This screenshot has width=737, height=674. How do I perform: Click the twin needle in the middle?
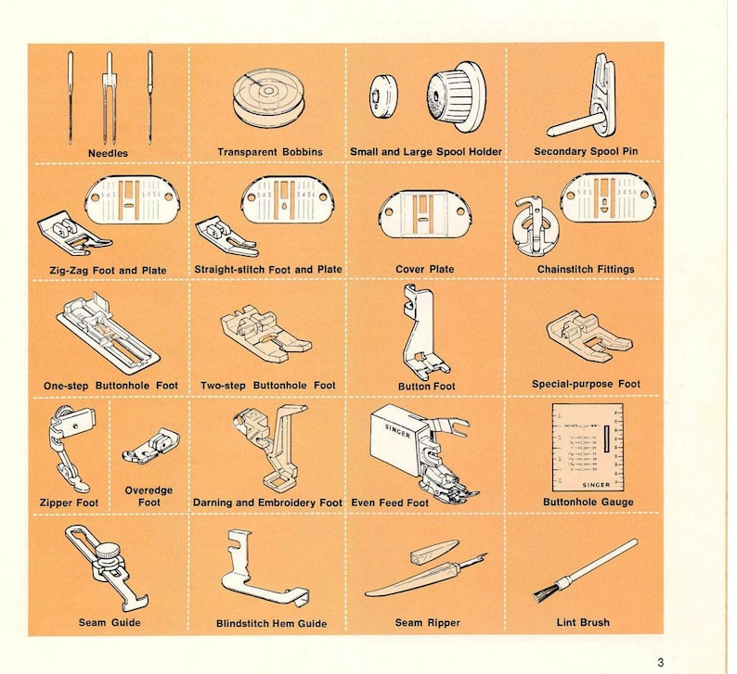109,93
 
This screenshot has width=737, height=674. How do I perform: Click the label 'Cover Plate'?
425,270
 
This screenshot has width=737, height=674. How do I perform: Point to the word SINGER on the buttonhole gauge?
585,484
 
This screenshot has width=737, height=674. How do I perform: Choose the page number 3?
660,661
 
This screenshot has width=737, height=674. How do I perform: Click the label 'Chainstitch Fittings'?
585,270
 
